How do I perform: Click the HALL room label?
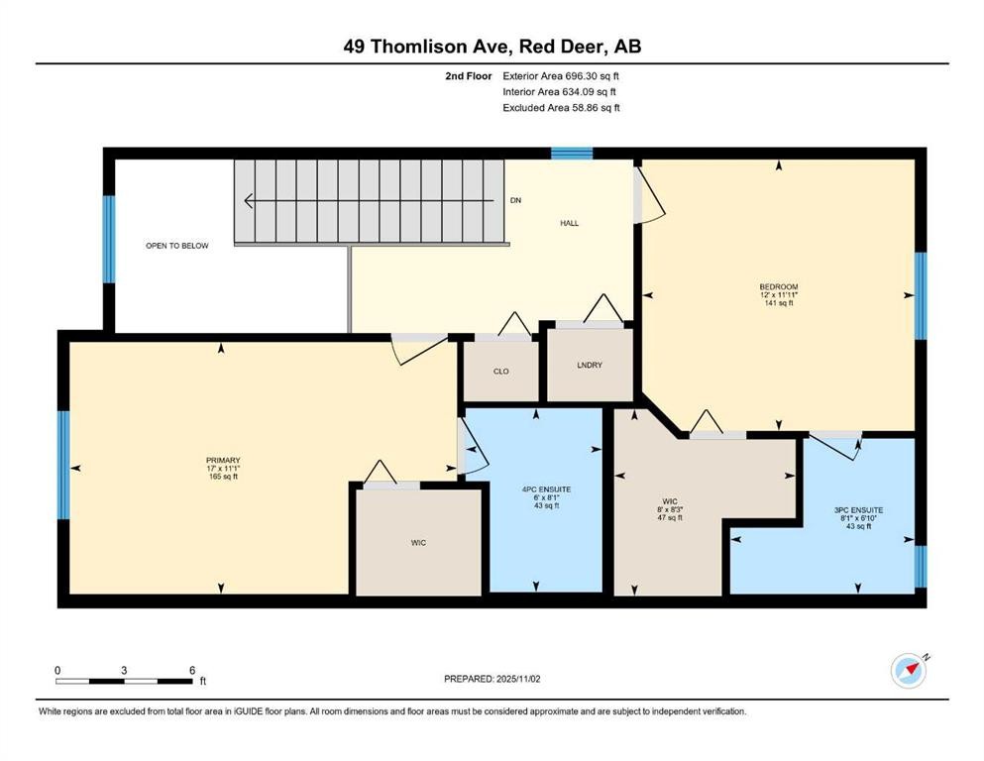[569, 223]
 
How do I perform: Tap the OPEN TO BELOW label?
[177, 246]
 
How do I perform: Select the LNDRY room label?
[590, 365]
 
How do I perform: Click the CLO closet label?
[500, 372]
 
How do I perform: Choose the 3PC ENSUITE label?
[858, 510]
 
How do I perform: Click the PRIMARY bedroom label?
[223, 460]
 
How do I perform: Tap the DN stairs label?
[516, 200]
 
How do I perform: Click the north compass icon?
[909, 671]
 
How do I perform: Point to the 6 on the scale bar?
[192, 670]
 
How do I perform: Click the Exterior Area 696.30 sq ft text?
[561, 76]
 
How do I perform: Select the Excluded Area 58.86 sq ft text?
[561, 107]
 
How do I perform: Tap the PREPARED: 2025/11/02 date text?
[492, 679]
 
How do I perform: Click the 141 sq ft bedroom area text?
[778, 303]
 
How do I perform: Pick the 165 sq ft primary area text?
[223, 477]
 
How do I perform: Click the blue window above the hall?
[572, 153]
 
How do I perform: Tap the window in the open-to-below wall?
[109, 239]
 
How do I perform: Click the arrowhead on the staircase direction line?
[248, 201]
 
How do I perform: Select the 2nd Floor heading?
[468, 76]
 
